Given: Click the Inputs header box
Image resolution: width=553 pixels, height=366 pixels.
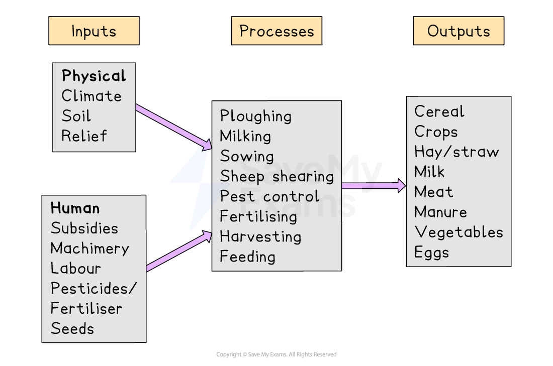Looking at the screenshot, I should [x=94, y=31].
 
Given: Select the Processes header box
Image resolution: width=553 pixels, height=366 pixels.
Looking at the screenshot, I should [x=276, y=31].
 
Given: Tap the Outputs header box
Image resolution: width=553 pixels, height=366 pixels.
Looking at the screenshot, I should [x=458, y=31].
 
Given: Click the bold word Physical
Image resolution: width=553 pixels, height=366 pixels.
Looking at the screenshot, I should [x=94, y=76].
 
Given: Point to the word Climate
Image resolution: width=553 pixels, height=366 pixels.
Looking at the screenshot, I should [x=91, y=96].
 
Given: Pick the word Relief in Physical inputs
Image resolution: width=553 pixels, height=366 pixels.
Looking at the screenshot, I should [x=84, y=136].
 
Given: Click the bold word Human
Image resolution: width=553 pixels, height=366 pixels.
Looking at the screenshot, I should [x=75, y=208].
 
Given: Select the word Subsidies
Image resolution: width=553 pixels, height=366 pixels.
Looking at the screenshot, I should [x=84, y=228].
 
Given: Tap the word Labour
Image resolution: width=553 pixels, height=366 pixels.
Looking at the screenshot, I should [x=75, y=268].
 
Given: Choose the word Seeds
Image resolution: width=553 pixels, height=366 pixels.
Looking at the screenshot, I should [x=72, y=329].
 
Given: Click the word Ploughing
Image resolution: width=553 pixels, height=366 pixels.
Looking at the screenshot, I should [x=255, y=116].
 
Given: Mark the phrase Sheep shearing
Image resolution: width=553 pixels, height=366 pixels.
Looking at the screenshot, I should [x=276, y=176].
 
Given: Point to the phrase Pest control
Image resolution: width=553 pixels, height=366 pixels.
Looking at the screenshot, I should [x=269, y=196].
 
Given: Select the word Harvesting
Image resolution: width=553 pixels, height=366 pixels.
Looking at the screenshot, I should [x=260, y=236].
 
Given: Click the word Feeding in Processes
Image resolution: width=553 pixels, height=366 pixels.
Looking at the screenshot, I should [x=247, y=257].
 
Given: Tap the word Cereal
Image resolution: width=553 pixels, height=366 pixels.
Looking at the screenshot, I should [x=439, y=111].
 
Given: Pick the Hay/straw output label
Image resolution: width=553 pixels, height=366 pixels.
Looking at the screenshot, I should [x=456, y=152].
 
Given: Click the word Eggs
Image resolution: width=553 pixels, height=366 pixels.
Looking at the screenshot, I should [x=431, y=252].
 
